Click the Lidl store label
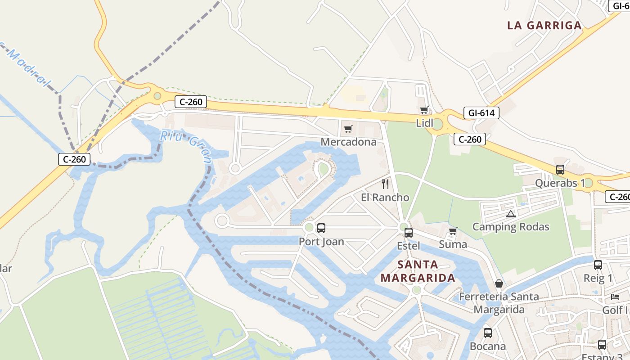pyautogui.click(x=424, y=123)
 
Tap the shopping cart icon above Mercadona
pyautogui.click(x=348, y=130)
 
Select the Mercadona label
pyautogui.click(x=348, y=142)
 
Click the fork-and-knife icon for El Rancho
pyautogui.click(x=385, y=184)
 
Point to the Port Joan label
pyautogui.click(x=321, y=242)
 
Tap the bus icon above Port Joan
pyautogui.click(x=321, y=228)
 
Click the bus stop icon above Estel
pyautogui.click(x=409, y=233)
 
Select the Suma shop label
pyautogui.click(x=453, y=244)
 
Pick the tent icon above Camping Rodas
pyautogui.click(x=510, y=214)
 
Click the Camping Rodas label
pyautogui.click(x=511, y=226)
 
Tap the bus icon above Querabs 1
pyautogui.click(x=560, y=170)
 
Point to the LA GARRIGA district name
pyautogui.click(x=544, y=25)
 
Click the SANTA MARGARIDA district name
pyautogui.click(x=418, y=271)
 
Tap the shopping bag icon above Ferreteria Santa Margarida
pyautogui.click(x=499, y=283)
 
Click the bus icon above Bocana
pyautogui.click(x=487, y=333)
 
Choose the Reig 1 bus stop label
pyautogui.click(x=598, y=278)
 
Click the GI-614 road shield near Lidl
pyautogui.click(x=481, y=113)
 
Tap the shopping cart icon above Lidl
pyautogui.click(x=424, y=110)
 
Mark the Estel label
pyautogui.click(x=409, y=246)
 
